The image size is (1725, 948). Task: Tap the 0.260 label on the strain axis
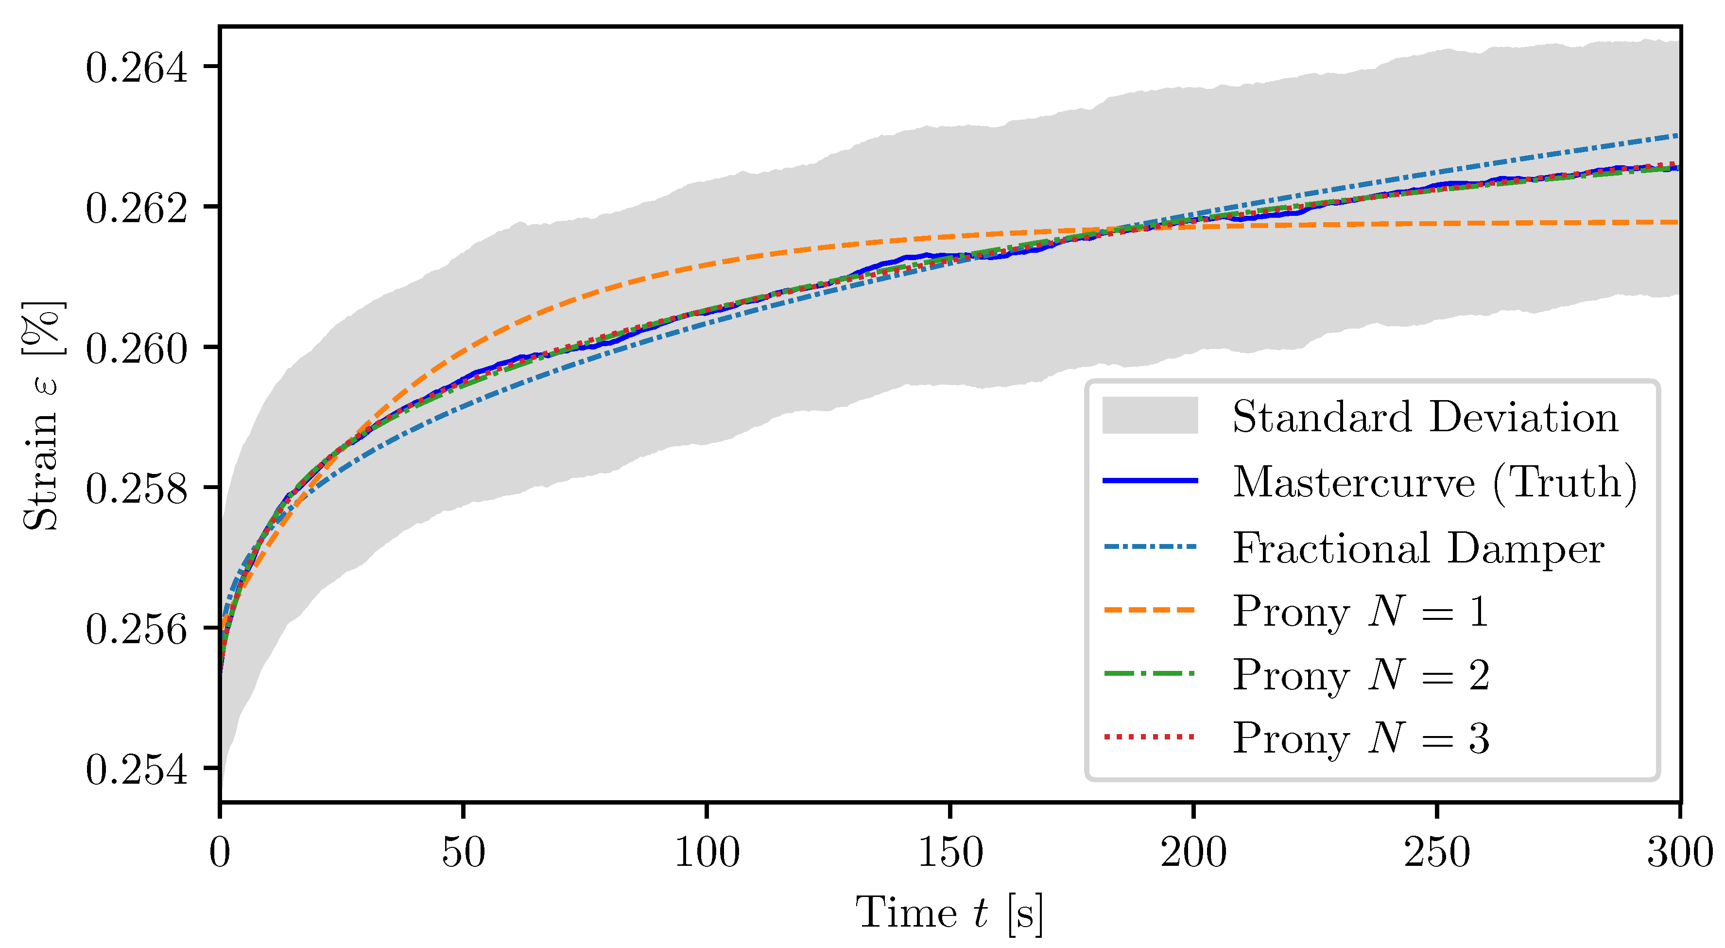pyautogui.click(x=137, y=349)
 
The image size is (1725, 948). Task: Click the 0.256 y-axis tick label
pyautogui.click(x=137, y=629)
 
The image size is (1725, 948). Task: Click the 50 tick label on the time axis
pyautogui.click(x=463, y=853)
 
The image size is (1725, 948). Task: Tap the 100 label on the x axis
pyautogui.click(x=707, y=853)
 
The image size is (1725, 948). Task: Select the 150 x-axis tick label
pyautogui.click(x=949, y=853)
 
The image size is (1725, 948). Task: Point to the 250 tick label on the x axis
pyautogui.click(x=1436, y=853)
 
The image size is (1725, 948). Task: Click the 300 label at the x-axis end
pyautogui.click(x=1679, y=853)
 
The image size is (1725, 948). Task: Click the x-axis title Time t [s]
pyautogui.click(x=949, y=913)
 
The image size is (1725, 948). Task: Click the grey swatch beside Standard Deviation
pyautogui.click(x=1150, y=415)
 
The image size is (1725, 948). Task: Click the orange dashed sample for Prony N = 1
pyautogui.click(x=1150, y=610)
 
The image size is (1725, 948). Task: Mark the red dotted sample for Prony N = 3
pyautogui.click(x=1150, y=737)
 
